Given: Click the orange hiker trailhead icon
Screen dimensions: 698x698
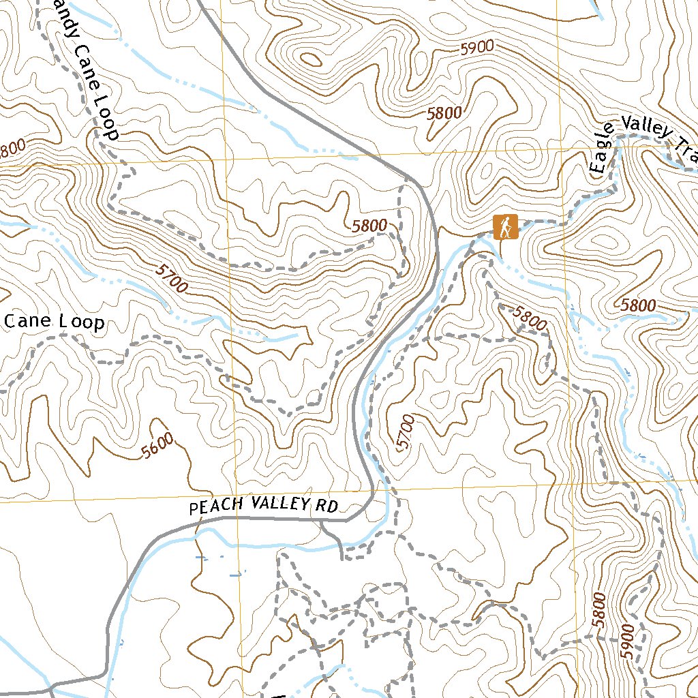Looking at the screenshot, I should tap(505, 226).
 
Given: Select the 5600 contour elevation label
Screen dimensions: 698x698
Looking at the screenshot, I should tap(158, 446).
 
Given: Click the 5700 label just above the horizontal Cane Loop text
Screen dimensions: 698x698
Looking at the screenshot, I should tap(171, 279).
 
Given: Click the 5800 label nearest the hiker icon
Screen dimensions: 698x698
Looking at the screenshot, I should tap(530, 319).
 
